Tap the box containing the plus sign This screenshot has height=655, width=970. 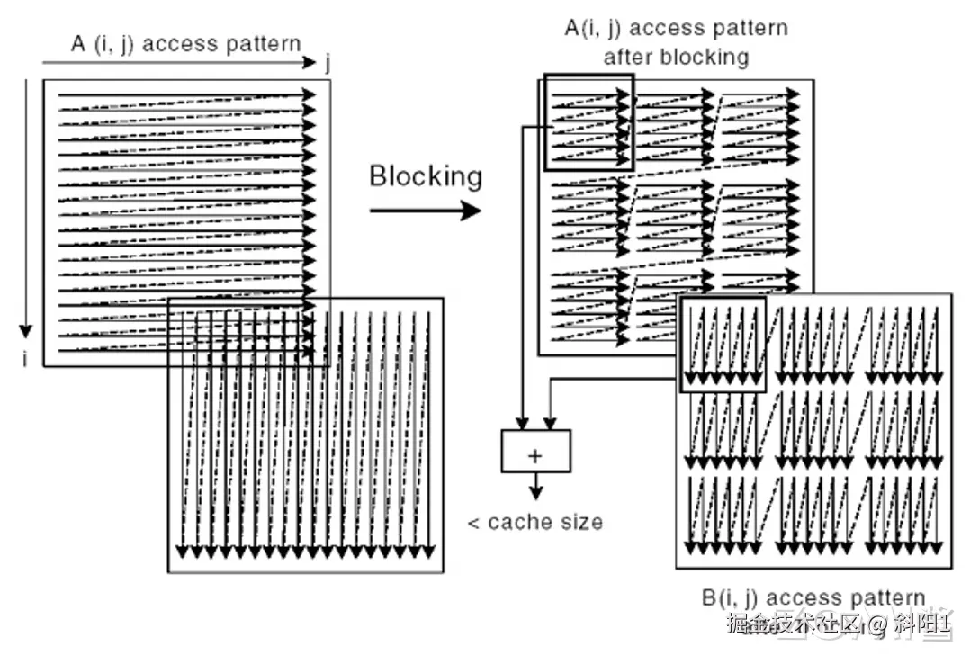(x=535, y=451)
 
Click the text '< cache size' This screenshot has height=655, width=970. (x=534, y=522)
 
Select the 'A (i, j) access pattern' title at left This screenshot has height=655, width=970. (x=185, y=44)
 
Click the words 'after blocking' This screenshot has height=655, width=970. (x=675, y=57)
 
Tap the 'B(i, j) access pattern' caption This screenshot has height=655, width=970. (x=813, y=598)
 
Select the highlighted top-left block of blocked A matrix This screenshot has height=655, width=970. (x=589, y=122)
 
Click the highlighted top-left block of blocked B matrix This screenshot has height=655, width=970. (x=722, y=344)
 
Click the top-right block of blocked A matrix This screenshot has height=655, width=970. (x=760, y=126)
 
